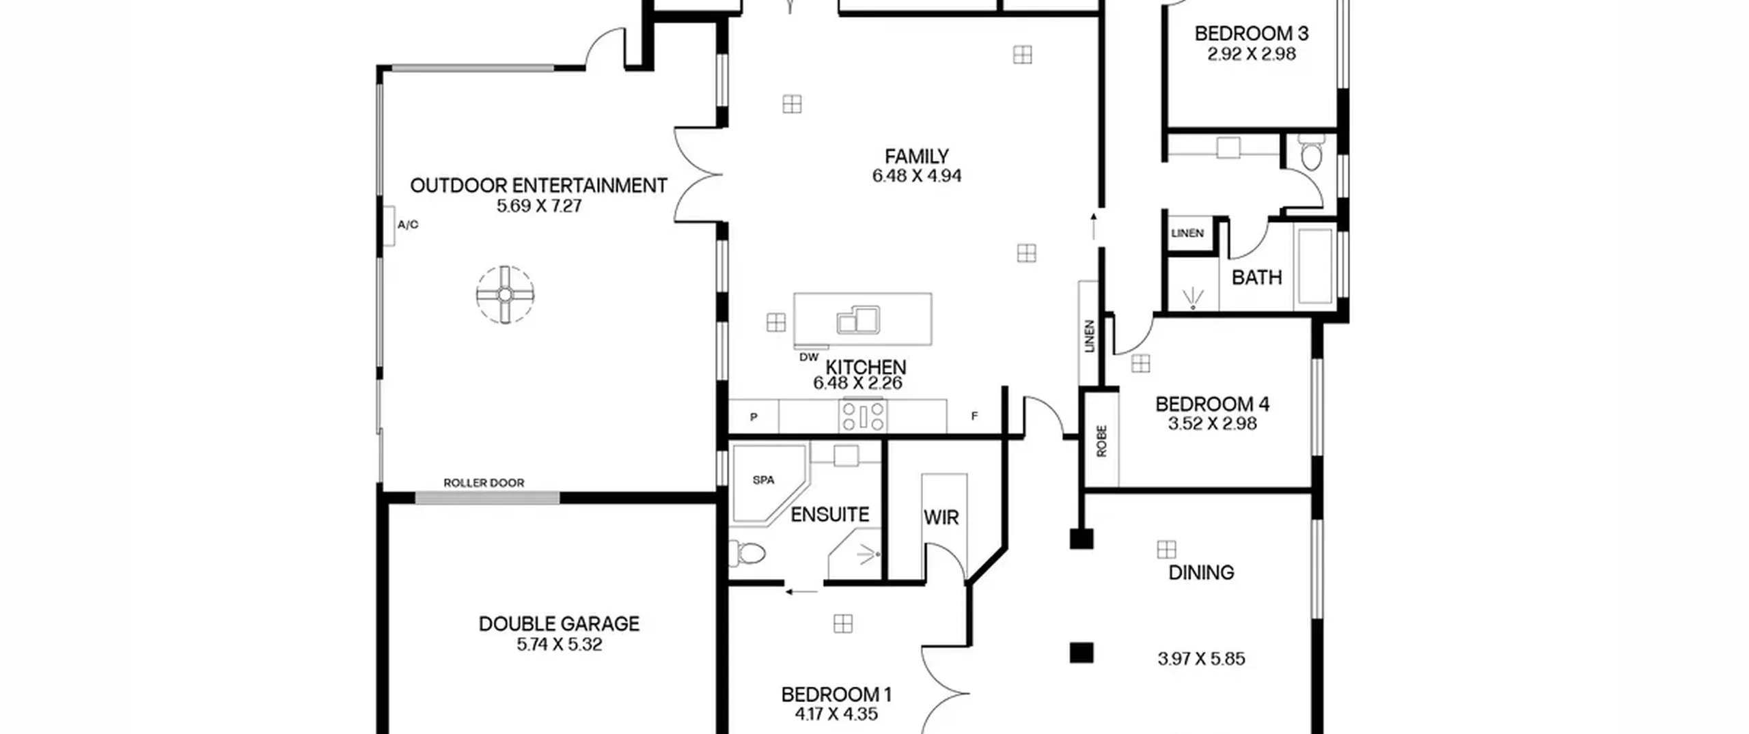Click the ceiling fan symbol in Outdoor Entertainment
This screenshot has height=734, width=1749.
pos(505,294)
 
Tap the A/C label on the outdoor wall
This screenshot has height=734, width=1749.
pos(408,225)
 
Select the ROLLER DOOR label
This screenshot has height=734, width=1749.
pos(484,483)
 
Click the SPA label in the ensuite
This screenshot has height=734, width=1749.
pos(763,480)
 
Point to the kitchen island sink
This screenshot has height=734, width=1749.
pos(858,320)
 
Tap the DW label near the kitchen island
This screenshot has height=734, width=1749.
pos(808,357)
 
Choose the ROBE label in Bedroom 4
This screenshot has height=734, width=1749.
pos(1101,441)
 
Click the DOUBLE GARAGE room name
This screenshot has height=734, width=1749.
pos(559,623)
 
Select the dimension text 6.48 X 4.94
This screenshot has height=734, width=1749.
pos(916,176)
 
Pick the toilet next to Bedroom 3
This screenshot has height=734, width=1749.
pos(1311,153)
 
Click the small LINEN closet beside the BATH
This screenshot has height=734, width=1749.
pos(1187,234)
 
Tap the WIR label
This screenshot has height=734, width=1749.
pos(941,518)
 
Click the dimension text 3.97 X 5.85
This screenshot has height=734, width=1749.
pos(1201,659)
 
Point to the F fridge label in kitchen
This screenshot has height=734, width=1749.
pos(974,416)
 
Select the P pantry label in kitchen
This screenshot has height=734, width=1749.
pos(754,417)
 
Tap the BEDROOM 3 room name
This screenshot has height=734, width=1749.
pos(1251,33)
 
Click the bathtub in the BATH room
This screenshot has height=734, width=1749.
pos(1315,266)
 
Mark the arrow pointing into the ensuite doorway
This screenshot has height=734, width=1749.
pos(801,592)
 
